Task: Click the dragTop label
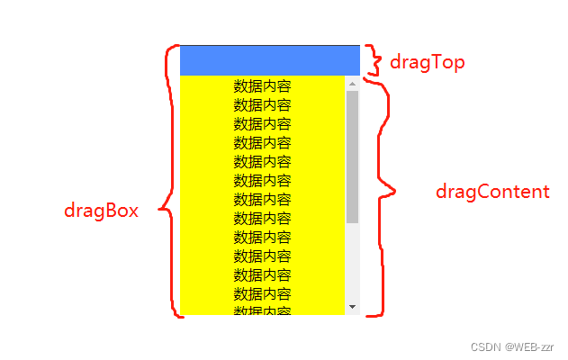(427, 62)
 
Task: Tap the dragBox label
(101, 211)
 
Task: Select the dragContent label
(491, 192)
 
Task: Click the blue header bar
(269, 59)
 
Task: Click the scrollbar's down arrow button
(352, 307)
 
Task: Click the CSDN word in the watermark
(485, 346)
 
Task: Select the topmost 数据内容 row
(262, 86)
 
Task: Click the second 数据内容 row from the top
(262, 105)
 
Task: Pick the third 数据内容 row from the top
(262, 124)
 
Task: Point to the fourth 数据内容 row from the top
(262, 143)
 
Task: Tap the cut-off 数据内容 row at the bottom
(262, 310)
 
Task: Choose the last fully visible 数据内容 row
(262, 293)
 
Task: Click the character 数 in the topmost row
(240, 86)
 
